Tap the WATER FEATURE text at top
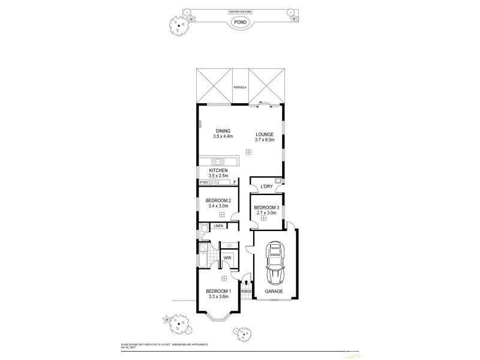click(x=240, y=11)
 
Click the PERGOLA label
click(x=240, y=88)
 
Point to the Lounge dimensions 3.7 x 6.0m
click(x=265, y=140)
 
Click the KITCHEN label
click(x=218, y=170)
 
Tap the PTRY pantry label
click(x=204, y=182)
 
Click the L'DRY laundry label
click(x=266, y=187)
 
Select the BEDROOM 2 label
click(x=218, y=201)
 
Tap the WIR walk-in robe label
click(x=227, y=258)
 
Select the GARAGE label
click(x=274, y=292)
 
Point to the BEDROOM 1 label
click(x=218, y=290)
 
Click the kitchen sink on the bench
click(x=217, y=161)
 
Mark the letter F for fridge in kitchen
click(x=234, y=182)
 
